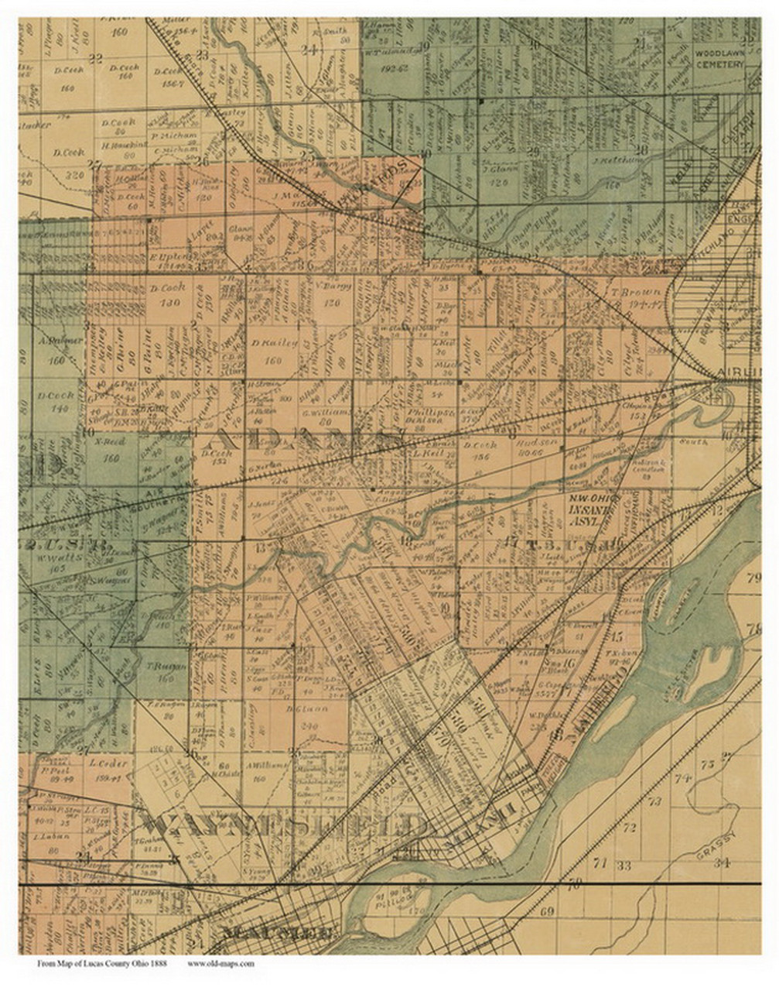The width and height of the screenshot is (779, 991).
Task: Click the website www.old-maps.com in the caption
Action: [x=221, y=964]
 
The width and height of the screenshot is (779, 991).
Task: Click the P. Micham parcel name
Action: [x=179, y=135]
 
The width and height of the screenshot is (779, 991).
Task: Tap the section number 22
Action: [x=96, y=58]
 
